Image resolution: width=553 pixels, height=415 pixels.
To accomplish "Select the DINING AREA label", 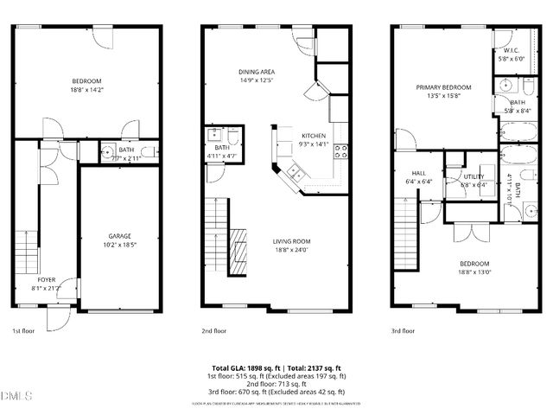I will tap(257, 72).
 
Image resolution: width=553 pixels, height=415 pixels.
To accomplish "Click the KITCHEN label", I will tap(313, 136).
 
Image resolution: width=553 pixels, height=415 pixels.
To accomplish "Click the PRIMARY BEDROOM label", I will tap(443, 87).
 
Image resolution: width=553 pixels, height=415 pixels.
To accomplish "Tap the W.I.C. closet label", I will tap(509, 51).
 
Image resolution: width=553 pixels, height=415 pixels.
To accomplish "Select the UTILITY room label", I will tap(474, 176).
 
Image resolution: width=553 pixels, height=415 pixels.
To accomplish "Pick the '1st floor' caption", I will tap(22, 330).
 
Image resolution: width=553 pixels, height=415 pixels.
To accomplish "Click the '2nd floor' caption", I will tap(213, 330).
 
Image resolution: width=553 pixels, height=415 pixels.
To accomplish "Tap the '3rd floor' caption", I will tap(403, 330).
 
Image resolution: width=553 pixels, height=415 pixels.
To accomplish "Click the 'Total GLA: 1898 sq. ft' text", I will tap(247, 368).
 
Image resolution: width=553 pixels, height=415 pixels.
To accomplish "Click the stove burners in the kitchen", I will tap(341, 150).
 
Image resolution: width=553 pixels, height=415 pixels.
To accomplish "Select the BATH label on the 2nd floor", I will tap(221, 148).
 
